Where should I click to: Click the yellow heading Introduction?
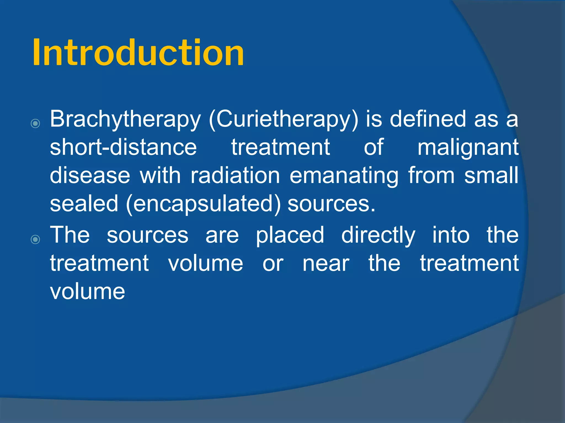pyautogui.click(x=138, y=52)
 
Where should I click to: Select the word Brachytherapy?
pyautogui.click(x=125, y=119)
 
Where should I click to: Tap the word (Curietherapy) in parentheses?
pyautogui.click(x=284, y=119)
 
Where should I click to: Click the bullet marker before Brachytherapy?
pyautogui.click(x=35, y=123)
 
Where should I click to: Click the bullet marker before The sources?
pyautogui.click(x=35, y=239)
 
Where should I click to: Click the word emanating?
pyautogui.click(x=344, y=176)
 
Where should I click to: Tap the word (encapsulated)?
pyautogui.click(x=203, y=204)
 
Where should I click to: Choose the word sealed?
pyautogui.click(x=84, y=204)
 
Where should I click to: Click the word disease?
pyautogui.click(x=90, y=175)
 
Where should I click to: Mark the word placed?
pyautogui.click(x=290, y=235)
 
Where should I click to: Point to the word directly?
pyautogui.click(x=378, y=235)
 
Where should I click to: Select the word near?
pyautogui.click(x=326, y=264)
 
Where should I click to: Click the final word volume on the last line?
pyautogui.click(x=87, y=292)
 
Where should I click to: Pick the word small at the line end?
pyautogui.click(x=491, y=175)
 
